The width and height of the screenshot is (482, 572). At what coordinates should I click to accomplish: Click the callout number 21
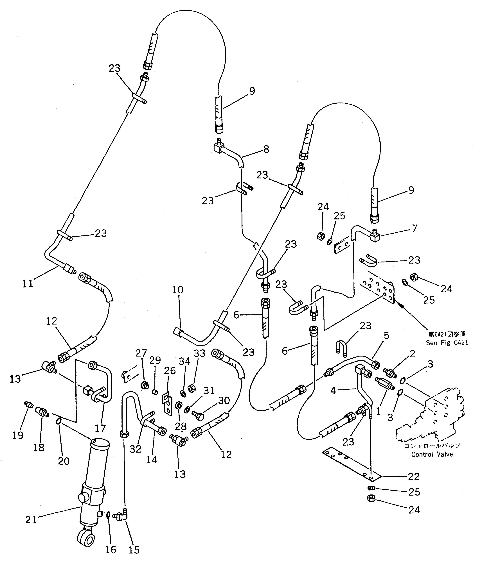31,520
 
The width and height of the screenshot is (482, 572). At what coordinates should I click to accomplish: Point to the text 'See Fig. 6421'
447,343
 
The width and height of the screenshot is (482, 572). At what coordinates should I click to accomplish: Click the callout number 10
178,290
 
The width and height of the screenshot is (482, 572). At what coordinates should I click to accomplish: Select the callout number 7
414,228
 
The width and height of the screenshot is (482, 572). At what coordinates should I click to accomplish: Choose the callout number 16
111,550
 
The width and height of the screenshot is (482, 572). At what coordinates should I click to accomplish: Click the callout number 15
134,550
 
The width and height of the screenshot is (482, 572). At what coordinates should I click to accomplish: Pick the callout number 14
152,460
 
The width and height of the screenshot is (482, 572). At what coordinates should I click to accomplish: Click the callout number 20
64,461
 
